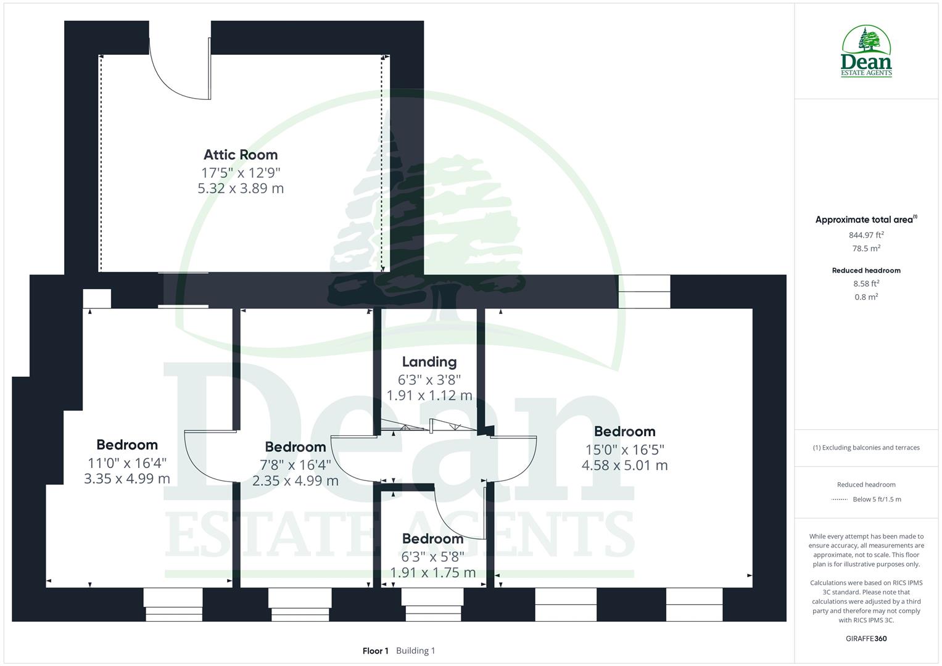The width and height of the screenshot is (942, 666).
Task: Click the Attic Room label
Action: (x=241, y=155)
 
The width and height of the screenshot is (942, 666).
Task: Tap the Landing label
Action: (x=429, y=362)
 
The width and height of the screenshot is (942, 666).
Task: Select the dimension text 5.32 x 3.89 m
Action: (x=241, y=188)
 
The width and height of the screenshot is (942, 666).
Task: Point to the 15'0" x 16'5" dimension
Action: (x=624, y=450)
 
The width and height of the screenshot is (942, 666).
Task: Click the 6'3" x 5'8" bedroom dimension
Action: (x=432, y=556)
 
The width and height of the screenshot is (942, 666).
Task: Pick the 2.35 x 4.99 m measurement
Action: (x=295, y=480)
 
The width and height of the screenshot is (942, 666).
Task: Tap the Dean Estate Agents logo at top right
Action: (x=867, y=52)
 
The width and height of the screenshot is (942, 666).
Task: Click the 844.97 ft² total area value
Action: (x=866, y=235)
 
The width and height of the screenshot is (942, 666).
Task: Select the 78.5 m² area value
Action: (x=866, y=249)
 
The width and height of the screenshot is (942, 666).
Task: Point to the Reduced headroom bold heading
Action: (x=866, y=270)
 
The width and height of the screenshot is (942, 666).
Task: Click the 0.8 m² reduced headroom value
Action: (x=866, y=297)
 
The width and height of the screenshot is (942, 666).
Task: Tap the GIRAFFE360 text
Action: (x=866, y=638)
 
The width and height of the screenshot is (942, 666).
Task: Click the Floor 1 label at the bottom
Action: (x=375, y=651)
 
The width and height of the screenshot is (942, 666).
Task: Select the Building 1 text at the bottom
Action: (x=415, y=651)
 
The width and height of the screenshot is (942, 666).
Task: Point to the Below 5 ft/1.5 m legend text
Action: (x=877, y=499)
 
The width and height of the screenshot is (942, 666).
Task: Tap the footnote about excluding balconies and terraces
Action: (x=866, y=448)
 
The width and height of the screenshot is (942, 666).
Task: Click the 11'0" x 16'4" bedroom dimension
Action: (x=127, y=462)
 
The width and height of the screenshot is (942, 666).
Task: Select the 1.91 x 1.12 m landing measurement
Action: (x=429, y=395)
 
